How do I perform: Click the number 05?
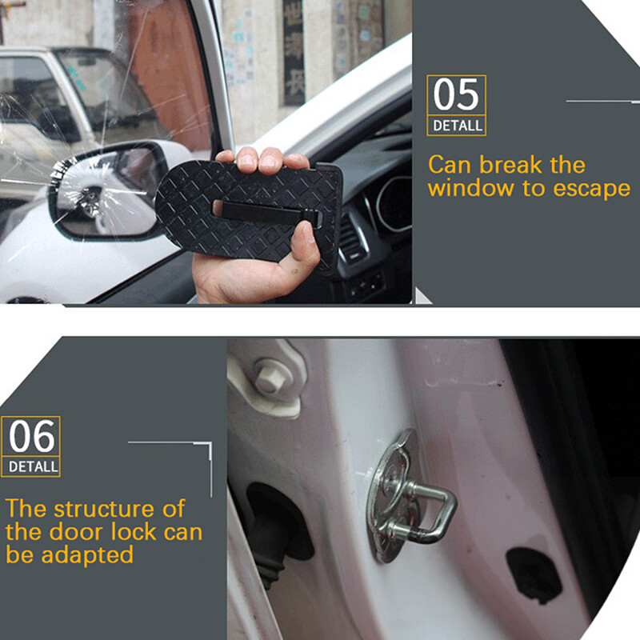coord(456,96)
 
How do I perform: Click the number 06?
coord(32,437)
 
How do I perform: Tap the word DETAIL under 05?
coord(457,126)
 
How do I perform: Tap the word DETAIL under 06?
coord(32,466)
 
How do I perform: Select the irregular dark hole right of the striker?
coord(534,573)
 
